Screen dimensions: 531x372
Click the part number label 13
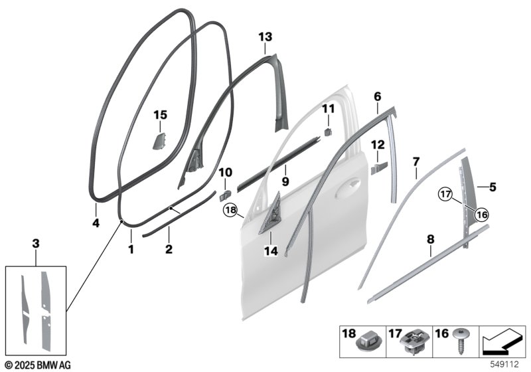(x=265, y=37)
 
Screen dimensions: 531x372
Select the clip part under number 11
(x=328, y=132)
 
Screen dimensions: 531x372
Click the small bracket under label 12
(x=379, y=168)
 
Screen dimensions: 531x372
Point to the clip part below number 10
(x=225, y=195)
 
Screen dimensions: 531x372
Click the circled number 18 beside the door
(x=230, y=210)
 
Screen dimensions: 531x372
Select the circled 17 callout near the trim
(x=446, y=195)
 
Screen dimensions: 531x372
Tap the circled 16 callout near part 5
(x=482, y=214)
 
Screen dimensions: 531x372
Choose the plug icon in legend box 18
(x=370, y=342)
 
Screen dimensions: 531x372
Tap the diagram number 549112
(x=504, y=365)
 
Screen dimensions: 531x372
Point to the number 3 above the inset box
(x=36, y=243)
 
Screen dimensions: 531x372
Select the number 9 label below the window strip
(x=285, y=181)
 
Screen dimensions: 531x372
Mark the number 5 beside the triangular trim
(x=493, y=187)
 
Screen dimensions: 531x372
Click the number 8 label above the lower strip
(x=430, y=240)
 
